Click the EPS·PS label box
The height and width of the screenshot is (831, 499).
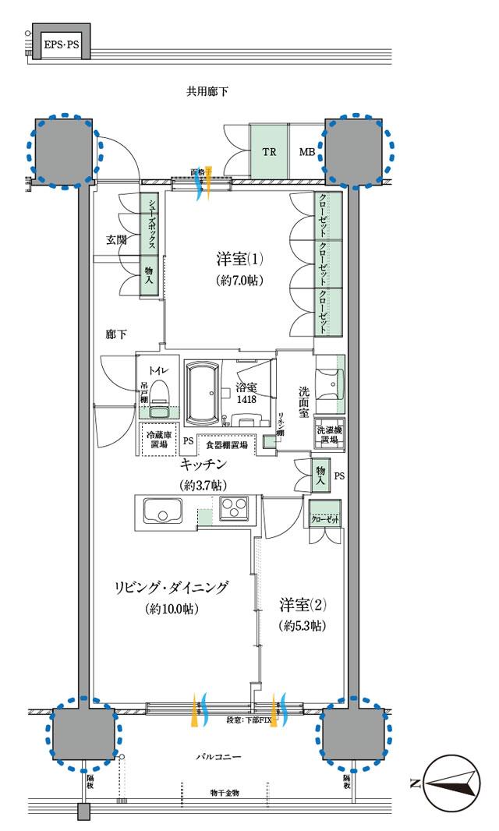[x=62, y=45]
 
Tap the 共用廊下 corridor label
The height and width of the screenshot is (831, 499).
[x=207, y=92]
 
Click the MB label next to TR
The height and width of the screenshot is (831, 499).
[x=306, y=151]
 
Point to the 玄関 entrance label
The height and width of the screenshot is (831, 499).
[x=116, y=240]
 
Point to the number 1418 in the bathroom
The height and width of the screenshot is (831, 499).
[x=247, y=399]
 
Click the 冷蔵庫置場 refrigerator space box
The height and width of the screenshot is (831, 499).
[x=159, y=440]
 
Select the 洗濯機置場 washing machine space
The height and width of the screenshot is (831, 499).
[x=327, y=435]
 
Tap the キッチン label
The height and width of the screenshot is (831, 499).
[x=203, y=465]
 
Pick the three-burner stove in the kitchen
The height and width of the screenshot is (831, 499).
[x=233, y=507]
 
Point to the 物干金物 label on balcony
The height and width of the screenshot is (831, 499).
[x=224, y=793]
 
